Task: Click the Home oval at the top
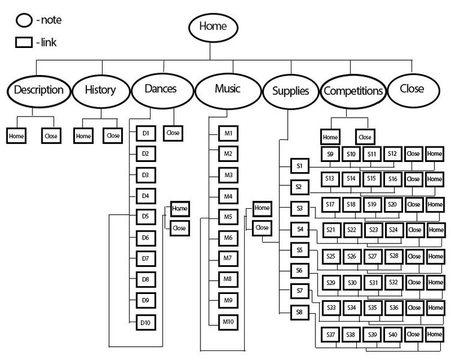click(x=214, y=26)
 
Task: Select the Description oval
click(x=38, y=91)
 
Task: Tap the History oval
click(x=100, y=91)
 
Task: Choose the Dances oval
click(x=161, y=89)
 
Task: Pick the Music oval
click(x=227, y=89)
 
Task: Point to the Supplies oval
click(x=290, y=92)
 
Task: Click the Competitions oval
click(x=353, y=91)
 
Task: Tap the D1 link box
click(x=145, y=133)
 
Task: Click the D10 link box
click(x=145, y=323)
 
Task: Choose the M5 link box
click(x=228, y=217)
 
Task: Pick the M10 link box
click(x=228, y=322)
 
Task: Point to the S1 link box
click(x=299, y=165)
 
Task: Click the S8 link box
click(x=299, y=313)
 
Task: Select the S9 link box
click(x=330, y=154)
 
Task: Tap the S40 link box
click(x=393, y=334)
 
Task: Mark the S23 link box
click(x=373, y=230)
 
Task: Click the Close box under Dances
click(x=173, y=133)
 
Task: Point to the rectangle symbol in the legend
click(x=23, y=43)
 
